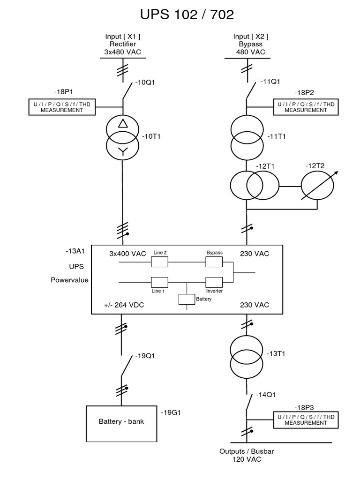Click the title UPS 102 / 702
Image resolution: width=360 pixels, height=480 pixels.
click(187, 15)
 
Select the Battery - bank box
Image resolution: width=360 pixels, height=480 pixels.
click(121, 421)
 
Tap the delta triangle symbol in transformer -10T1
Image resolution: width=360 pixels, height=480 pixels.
click(122, 124)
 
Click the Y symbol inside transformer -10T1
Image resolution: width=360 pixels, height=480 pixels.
click(122, 150)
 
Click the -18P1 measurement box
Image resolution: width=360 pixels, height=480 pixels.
click(61, 107)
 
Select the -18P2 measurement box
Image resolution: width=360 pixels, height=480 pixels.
click(306, 107)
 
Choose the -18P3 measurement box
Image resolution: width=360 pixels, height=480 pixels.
click(306, 420)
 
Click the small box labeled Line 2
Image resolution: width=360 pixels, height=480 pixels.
click(159, 262)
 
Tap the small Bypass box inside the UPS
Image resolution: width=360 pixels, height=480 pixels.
click(214, 262)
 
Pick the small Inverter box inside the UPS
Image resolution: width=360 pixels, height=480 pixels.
click(214, 282)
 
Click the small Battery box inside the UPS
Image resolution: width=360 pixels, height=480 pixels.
click(187, 299)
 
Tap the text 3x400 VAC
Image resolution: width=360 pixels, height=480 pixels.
click(127, 253)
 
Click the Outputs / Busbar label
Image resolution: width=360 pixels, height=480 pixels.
click(247, 451)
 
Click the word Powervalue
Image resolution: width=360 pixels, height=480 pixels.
click(70, 280)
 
